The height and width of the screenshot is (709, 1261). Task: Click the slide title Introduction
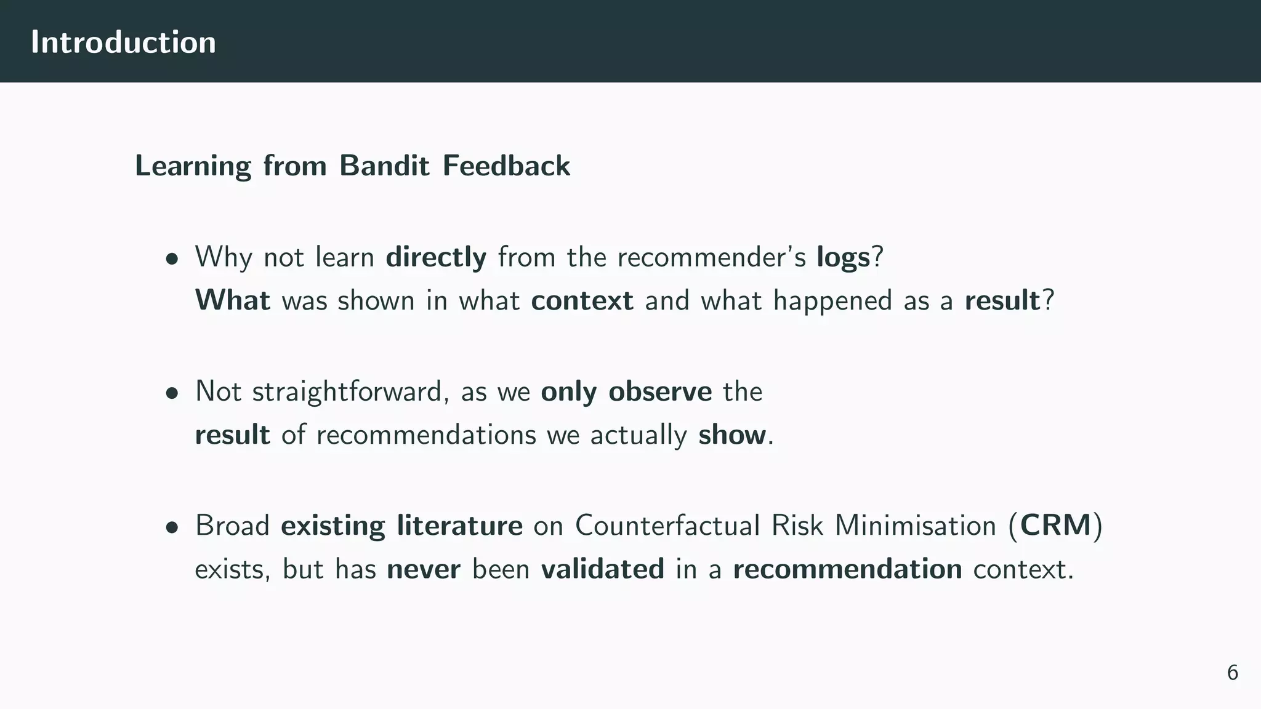pyautogui.click(x=123, y=42)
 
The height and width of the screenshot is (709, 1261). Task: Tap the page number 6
pyautogui.click(x=1232, y=673)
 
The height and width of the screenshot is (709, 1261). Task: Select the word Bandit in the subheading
pyautogui.click(x=384, y=166)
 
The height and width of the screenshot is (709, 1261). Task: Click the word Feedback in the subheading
pyautogui.click(x=506, y=166)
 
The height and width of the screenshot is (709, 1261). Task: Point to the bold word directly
pyautogui.click(x=436, y=257)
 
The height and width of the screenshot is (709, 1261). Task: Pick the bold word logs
pyautogui.click(x=843, y=257)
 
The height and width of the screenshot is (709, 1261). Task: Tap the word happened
pyautogui.click(x=832, y=301)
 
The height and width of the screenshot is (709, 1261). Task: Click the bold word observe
pyautogui.click(x=660, y=391)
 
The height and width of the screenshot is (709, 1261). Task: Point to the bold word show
pyautogui.click(x=732, y=435)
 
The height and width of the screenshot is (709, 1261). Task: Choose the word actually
pyautogui.click(x=639, y=435)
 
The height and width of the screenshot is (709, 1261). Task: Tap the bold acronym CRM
pyautogui.click(x=1055, y=526)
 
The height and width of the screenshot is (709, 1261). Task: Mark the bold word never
pyautogui.click(x=424, y=569)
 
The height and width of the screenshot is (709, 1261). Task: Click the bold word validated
pyautogui.click(x=603, y=569)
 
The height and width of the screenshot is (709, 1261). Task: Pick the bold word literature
pyautogui.click(x=459, y=526)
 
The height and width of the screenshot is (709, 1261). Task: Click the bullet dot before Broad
pyautogui.click(x=172, y=527)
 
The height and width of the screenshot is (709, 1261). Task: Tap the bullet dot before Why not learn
pyautogui.click(x=172, y=259)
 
